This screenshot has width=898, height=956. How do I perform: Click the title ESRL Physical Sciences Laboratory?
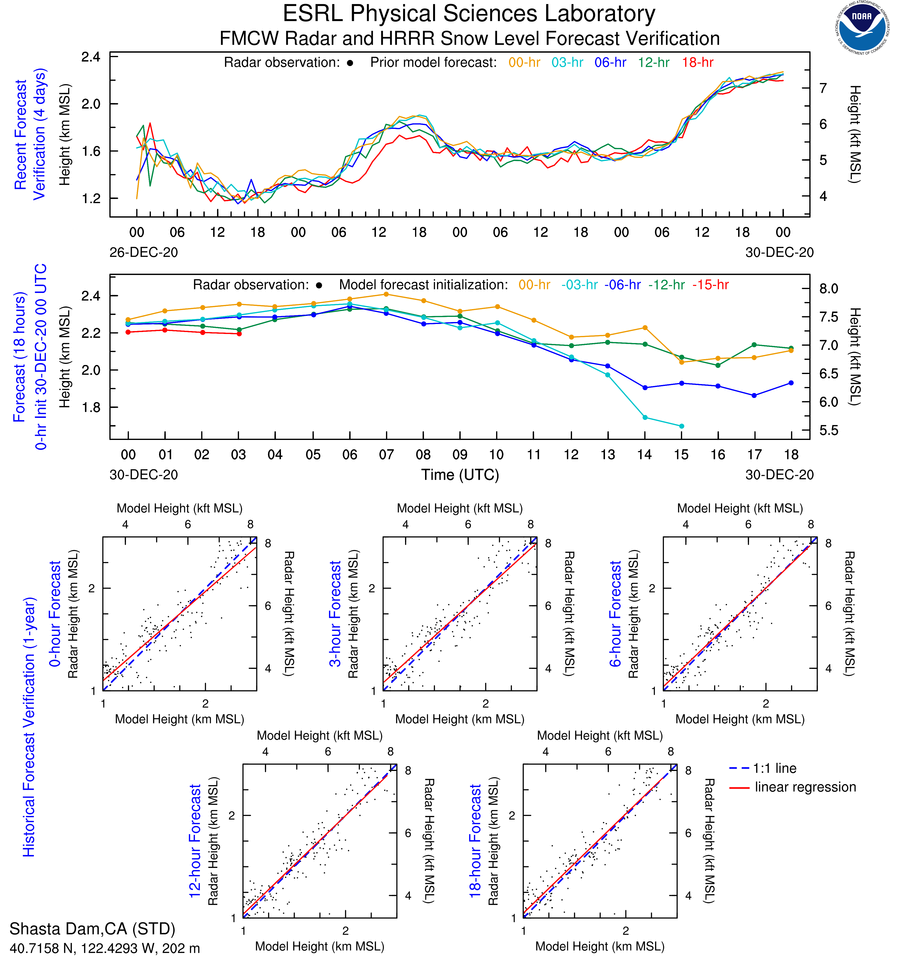tap(470, 14)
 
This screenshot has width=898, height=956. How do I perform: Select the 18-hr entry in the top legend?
tap(697, 62)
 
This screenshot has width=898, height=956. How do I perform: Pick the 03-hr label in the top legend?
tap(568, 62)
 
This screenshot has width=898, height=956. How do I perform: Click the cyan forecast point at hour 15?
tap(681, 426)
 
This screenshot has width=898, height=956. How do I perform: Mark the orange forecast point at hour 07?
tap(386, 294)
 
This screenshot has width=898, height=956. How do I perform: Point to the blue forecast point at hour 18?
tap(791, 383)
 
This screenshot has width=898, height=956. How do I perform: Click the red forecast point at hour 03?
tap(239, 333)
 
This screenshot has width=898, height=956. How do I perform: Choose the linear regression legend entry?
tap(805, 787)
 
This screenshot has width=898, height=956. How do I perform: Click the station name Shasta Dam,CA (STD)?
tap(90, 928)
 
